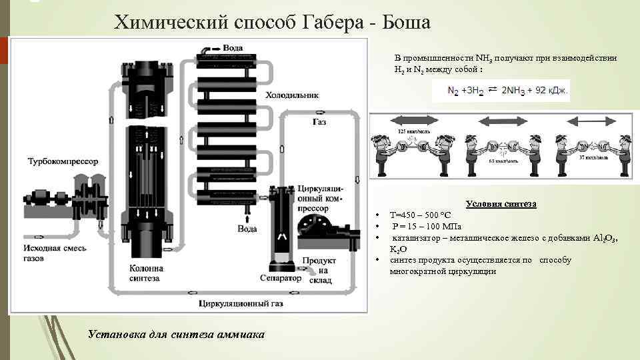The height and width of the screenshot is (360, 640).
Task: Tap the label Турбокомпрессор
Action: (x=63, y=162)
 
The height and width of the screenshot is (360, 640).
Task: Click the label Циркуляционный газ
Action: (x=240, y=304)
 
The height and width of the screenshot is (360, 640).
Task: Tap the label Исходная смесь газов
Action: (x=51, y=253)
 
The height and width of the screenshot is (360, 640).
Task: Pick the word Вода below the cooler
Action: (x=247, y=229)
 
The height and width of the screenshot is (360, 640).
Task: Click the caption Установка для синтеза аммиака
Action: (x=175, y=333)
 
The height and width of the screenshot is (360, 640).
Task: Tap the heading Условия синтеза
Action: (x=501, y=204)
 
